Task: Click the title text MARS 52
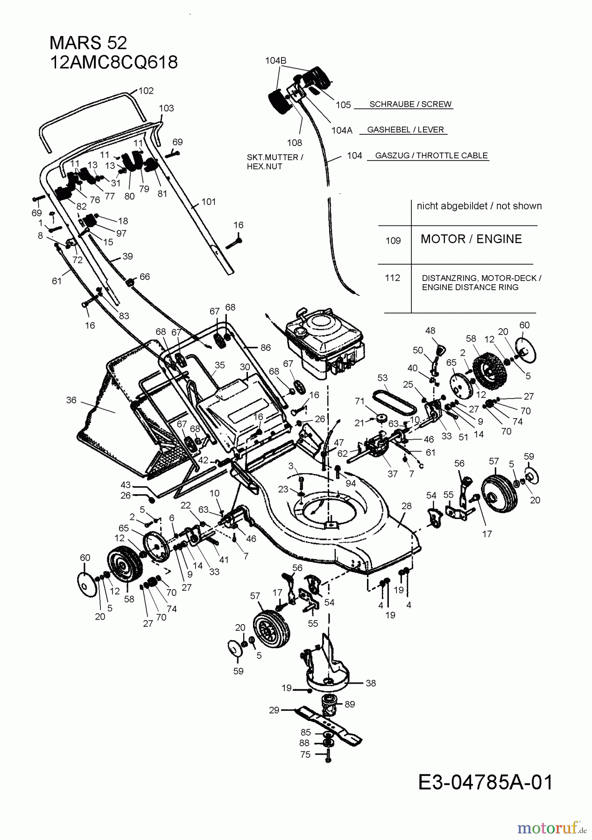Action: coord(88,43)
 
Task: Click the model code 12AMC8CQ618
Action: coord(113,62)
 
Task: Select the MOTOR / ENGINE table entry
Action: coord(471,239)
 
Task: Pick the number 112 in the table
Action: coord(393,278)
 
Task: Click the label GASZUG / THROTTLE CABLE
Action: coord(431,155)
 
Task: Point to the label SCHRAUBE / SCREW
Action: coord(410,104)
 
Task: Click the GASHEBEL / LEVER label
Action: coord(405,130)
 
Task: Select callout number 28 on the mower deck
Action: coord(406,506)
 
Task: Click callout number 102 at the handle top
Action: coord(146,91)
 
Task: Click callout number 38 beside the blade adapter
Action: coord(371,683)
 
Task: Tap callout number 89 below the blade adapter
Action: coord(350,704)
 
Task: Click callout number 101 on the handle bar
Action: coord(209,202)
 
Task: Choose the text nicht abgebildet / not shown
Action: coord(479,206)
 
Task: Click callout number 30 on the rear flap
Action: coord(245,367)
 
